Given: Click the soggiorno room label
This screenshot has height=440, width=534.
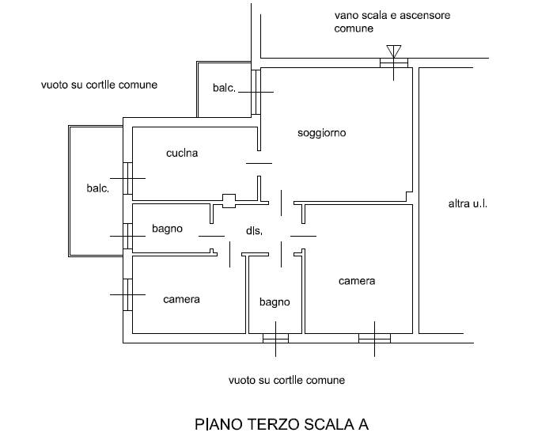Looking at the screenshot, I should [x=322, y=133].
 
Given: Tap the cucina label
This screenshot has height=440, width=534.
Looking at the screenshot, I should [x=182, y=154].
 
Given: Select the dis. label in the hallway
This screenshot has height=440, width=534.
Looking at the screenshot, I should [x=254, y=231].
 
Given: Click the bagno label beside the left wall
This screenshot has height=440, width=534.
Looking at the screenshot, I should [x=167, y=229].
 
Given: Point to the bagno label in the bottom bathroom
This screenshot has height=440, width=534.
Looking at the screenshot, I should [x=275, y=302].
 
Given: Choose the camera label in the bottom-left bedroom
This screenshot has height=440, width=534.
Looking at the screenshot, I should [x=181, y=300].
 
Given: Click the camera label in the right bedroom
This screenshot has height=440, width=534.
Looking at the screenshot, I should [x=357, y=281].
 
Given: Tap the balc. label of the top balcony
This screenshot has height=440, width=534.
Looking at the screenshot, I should [x=224, y=89].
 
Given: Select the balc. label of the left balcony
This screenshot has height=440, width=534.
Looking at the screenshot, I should [x=97, y=188].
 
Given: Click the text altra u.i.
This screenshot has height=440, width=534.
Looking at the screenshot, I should [x=468, y=204].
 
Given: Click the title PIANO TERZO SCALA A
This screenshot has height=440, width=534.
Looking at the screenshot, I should [x=281, y=423].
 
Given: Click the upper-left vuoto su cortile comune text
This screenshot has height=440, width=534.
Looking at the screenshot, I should [x=99, y=85].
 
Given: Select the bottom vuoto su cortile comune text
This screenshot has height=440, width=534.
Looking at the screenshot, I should [x=286, y=381].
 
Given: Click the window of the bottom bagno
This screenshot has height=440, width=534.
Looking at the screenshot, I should [x=275, y=339].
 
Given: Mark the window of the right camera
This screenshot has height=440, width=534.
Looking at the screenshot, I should [x=374, y=339].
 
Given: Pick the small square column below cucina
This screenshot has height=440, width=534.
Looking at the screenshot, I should [x=229, y=201].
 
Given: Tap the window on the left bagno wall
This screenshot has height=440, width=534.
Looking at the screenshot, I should [x=127, y=235].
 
